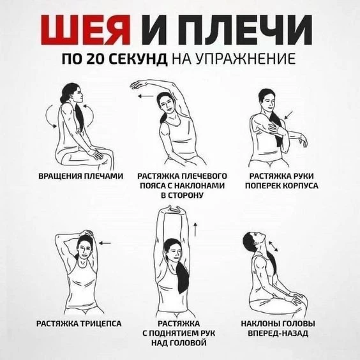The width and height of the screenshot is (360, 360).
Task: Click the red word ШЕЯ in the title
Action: point(86,30)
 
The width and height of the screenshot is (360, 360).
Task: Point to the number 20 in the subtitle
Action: point(96,59)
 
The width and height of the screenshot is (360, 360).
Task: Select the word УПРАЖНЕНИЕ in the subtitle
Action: point(245,59)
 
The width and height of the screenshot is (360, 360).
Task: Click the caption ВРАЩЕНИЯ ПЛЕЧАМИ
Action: point(81,176)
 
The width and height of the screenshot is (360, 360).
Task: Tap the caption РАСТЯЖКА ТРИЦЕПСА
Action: point(79,324)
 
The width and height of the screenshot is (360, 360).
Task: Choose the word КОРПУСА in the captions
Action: point(300,186)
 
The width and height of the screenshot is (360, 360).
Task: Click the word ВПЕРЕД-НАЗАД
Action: point(278,333)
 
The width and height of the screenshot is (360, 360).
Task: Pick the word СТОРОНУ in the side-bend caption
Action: point(182,195)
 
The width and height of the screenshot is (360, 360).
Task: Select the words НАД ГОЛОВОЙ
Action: point(179,343)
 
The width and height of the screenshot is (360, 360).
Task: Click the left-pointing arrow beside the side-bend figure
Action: point(146,96)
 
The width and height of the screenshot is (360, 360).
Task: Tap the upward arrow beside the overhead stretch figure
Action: point(195,229)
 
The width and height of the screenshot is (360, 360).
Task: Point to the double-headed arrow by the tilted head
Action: point(273,246)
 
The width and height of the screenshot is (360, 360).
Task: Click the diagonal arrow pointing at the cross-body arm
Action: point(289,115)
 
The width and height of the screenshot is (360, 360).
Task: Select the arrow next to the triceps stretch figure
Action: point(105,243)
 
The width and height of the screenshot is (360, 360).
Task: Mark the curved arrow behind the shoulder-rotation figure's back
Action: point(49,116)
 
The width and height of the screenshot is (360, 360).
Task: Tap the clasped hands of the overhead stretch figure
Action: point(174,209)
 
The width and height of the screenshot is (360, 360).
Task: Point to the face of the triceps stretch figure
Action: point(84,251)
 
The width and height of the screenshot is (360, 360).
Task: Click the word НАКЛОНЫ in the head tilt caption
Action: point(260,324)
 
